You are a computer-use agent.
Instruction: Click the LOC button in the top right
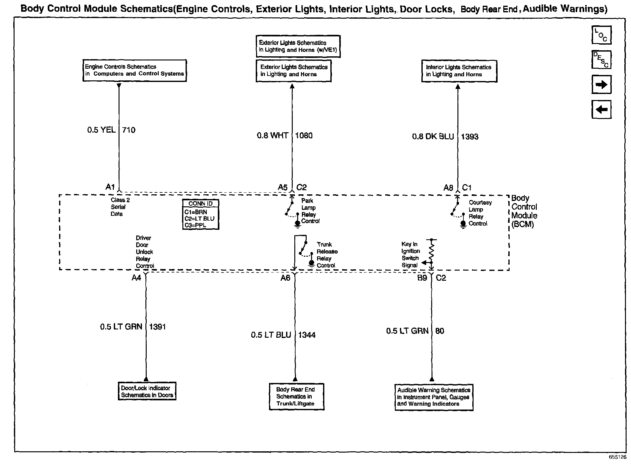[601, 35]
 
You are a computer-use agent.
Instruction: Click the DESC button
[601, 59]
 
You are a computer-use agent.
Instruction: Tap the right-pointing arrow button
[601, 85]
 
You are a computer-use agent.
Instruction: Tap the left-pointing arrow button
[601, 110]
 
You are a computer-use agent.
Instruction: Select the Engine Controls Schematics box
[134, 70]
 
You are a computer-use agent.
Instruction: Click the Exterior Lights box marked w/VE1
[298, 46]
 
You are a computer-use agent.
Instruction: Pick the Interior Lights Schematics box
[459, 71]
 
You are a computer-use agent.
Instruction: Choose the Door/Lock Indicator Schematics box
[147, 391]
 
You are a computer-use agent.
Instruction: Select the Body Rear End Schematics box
[296, 397]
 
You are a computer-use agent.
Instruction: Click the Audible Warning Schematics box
[434, 397]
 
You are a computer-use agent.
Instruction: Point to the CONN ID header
[200, 204]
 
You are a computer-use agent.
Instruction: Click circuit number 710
[129, 130]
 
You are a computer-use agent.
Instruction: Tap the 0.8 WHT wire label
[272, 136]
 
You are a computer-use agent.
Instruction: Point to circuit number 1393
[469, 137]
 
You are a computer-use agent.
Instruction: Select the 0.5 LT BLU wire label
[271, 335]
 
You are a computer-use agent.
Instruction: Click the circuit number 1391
[157, 327]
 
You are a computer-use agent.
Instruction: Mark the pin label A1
[110, 187]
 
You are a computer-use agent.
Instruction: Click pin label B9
[422, 278]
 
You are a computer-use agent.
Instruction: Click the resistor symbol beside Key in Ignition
[432, 252]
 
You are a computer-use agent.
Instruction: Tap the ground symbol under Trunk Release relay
[311, 264]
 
